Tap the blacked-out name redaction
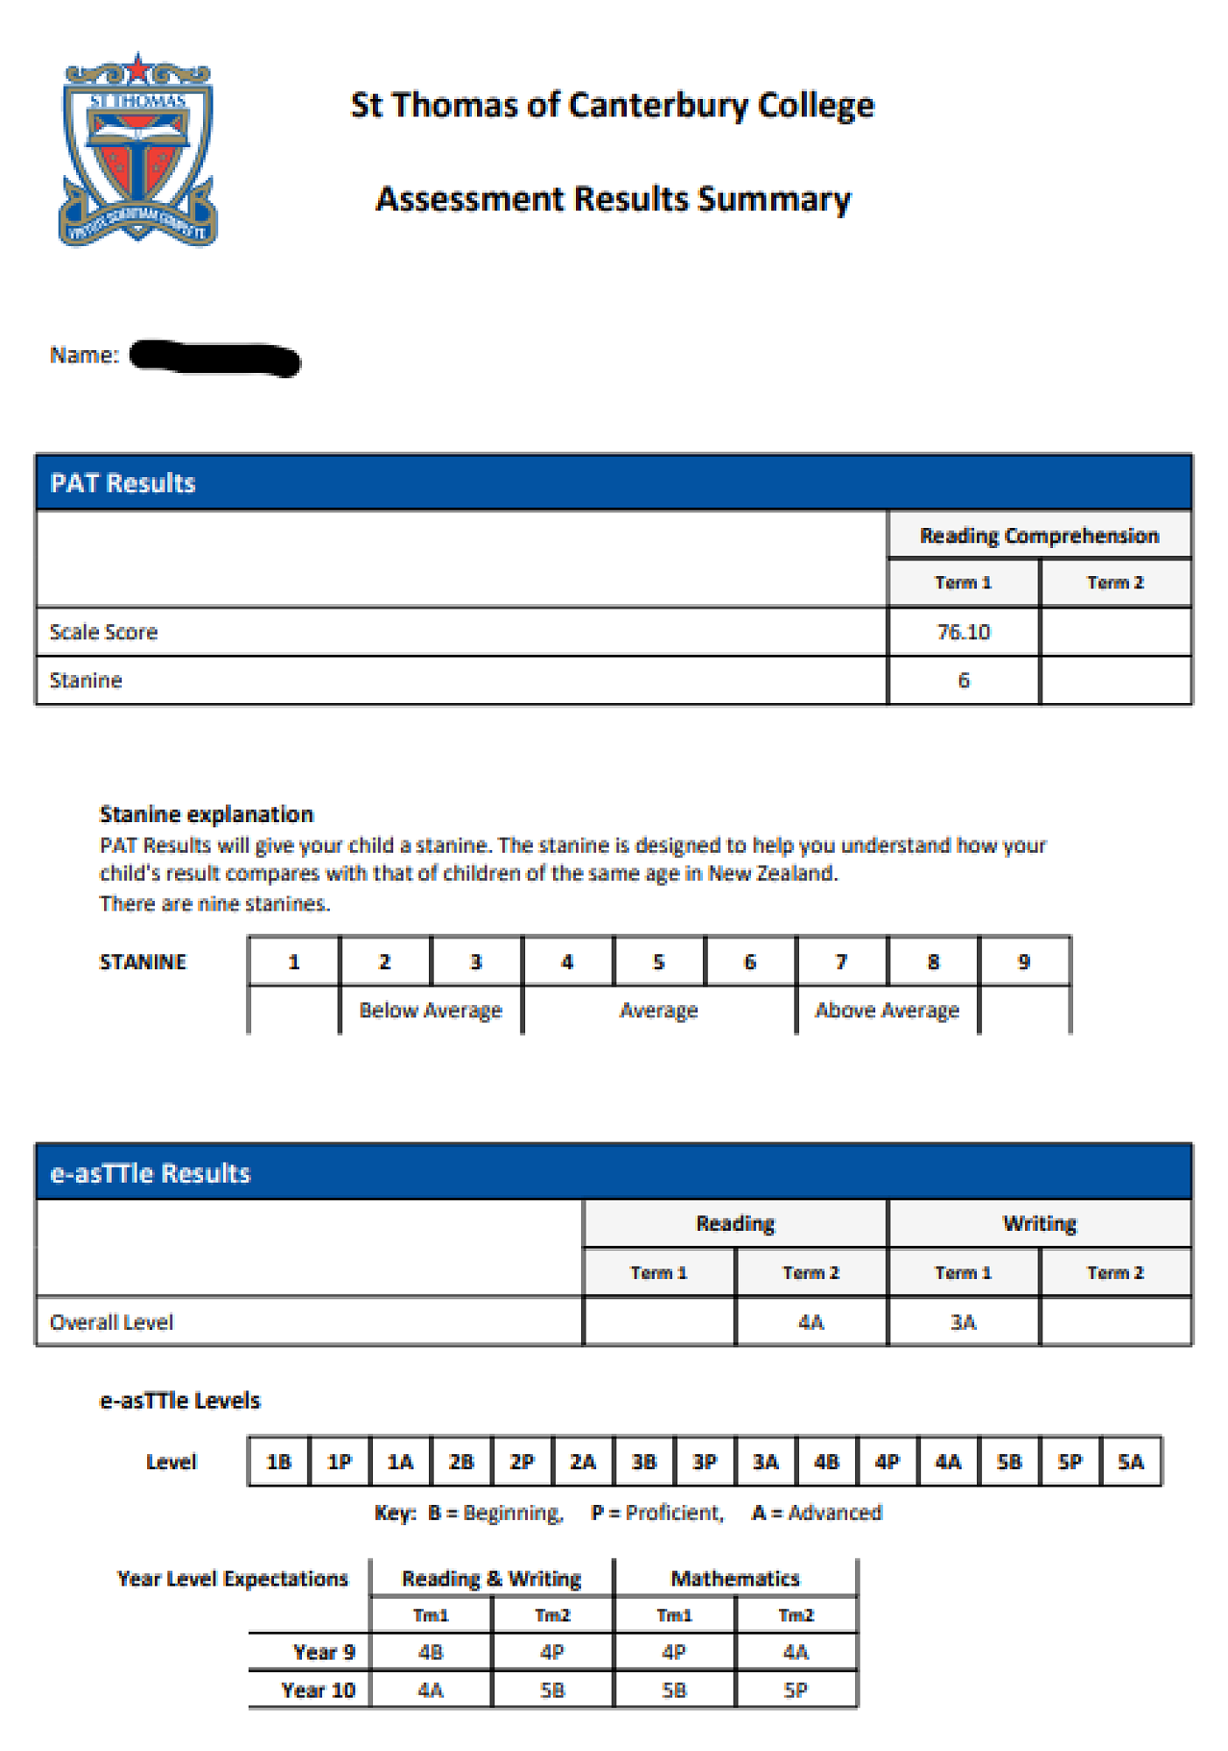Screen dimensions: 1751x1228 (x=214, y=358)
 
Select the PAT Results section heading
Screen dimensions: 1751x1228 (x=123, y=483)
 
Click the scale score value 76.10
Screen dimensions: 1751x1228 (x=963, y=632)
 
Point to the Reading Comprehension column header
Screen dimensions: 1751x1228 (x=1039, y=536)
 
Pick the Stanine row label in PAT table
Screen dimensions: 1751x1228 (x=86, y=680)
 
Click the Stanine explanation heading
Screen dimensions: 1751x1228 (x=207, y=814)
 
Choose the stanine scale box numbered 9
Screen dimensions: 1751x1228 (x=1024, y=962)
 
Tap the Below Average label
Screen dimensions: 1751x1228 (x=431, y=1010)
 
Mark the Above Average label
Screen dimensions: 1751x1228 (x=887, y=1010)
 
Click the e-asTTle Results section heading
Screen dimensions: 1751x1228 (x=151, y=1173)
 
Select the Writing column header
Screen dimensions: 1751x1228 (x=1039, y=1223)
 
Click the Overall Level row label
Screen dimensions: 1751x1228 (x=111, y=1322)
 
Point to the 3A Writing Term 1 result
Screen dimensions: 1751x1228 (x=963, y=1322)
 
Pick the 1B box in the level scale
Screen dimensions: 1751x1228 (x=278, y=1461)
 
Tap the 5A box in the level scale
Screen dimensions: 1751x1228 (x=1130, y=1461)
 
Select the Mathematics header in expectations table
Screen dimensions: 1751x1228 (x=735, y=1579)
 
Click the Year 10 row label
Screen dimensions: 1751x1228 (x=318, y=1690)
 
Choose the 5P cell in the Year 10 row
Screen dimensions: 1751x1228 (x=796, y=1690)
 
